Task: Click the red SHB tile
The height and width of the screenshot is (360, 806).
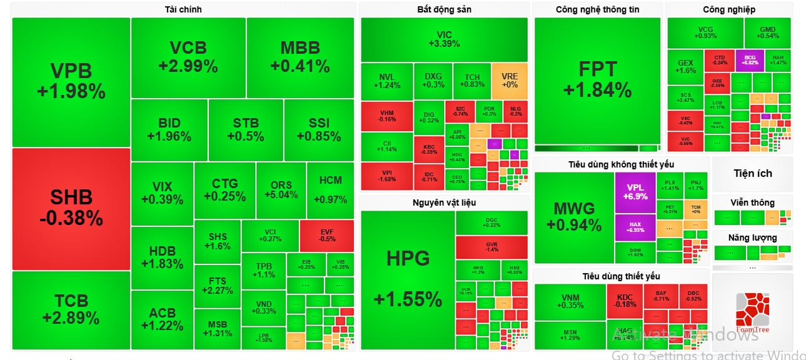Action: click(71, 208)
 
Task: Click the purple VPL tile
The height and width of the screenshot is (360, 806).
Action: click(635, 192)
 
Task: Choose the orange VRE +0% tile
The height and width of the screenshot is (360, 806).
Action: click(510, 81)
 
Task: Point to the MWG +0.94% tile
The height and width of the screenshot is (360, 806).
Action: click(573, 216)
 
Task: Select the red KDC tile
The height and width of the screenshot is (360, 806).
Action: click(625, 301)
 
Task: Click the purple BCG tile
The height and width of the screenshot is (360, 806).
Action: click(749, 59)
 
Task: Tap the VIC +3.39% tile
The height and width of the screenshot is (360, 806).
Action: click(444, 39)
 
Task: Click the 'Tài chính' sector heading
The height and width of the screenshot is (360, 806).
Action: click(183, 9)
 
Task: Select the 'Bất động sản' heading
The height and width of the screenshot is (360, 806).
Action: click(444, 9)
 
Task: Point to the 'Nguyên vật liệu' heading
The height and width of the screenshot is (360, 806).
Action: click(444, 202)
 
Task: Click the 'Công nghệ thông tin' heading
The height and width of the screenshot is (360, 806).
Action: click(597, 9)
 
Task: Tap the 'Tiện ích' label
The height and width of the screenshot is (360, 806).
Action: click(752, 173)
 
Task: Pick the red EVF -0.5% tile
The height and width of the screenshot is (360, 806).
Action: click(327, 235)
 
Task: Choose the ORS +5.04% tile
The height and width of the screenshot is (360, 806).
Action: click(281, 189)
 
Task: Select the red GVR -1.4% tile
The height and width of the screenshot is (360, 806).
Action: click(491, 246)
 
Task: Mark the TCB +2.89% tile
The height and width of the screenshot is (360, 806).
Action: click(71, 309)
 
